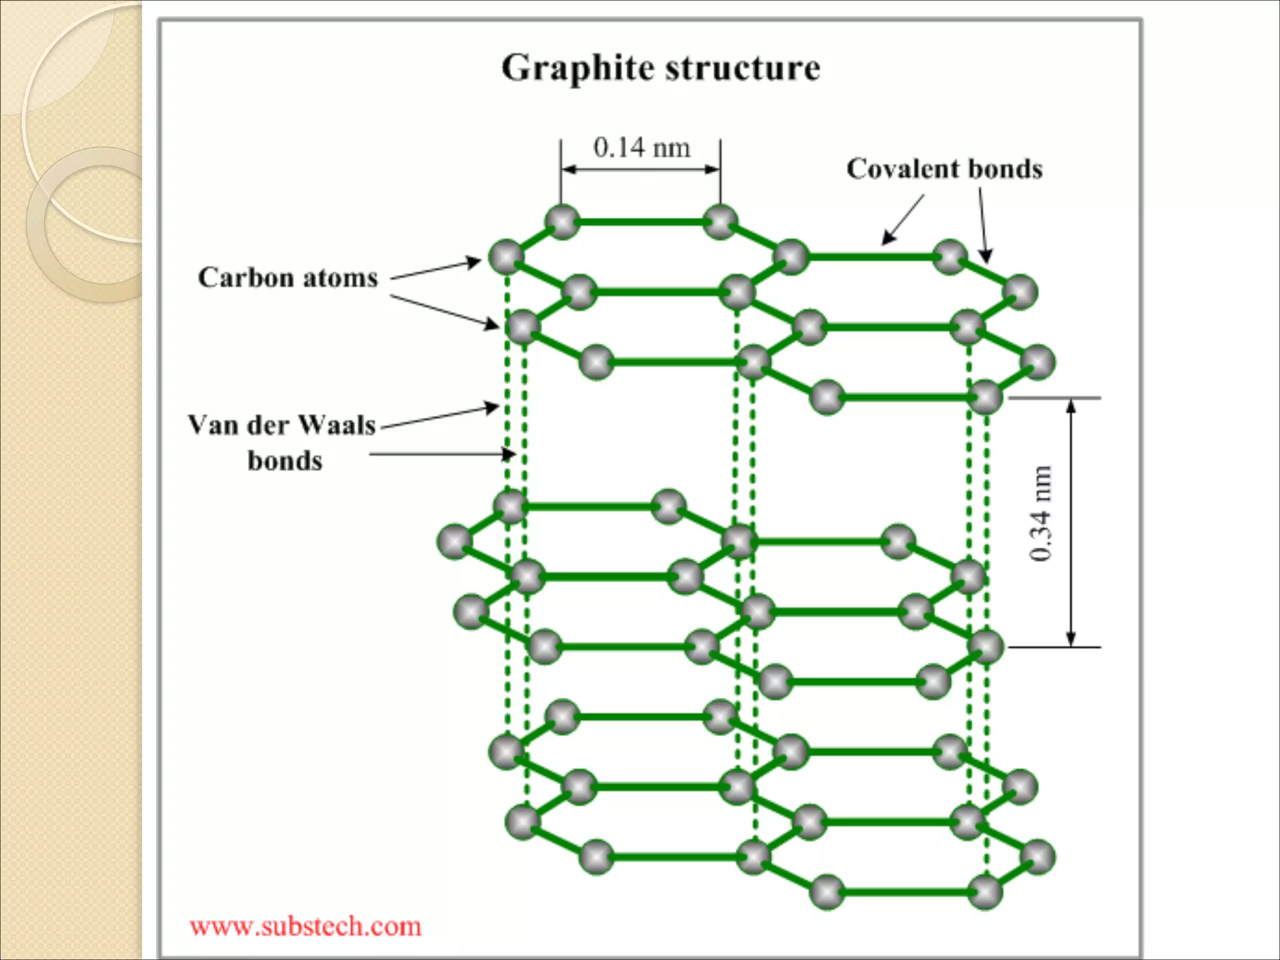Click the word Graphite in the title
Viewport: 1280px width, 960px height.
pos(579,69)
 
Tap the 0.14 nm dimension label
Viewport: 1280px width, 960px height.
pos(642,148)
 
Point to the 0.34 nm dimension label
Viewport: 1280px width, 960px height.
pos(1041,514)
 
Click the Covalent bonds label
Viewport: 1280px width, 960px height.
pos(944,169)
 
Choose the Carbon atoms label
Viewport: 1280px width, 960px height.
pos(288,277)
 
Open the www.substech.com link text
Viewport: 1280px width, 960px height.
pos(306,926)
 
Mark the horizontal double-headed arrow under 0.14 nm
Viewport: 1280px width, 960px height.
pos(641,169)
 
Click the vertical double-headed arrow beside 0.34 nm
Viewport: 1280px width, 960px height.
pos(1071,522)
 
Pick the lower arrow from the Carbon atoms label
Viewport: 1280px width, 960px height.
pos(444,311)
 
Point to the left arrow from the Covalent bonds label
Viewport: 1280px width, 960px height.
pos(902,219)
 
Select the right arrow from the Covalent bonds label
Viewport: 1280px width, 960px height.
pos(983,225)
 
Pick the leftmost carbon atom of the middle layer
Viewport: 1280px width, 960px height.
pos(454,541)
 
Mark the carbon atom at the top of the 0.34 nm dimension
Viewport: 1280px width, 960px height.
pos(985,397)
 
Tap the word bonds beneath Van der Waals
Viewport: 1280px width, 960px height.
pos(285,461)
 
